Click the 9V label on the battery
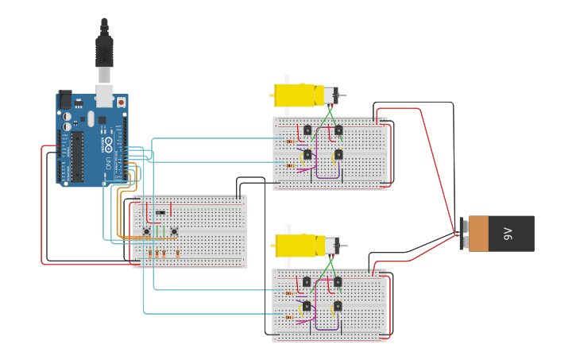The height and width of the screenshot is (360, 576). (508, 234)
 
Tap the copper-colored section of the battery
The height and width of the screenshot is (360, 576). (478, 234)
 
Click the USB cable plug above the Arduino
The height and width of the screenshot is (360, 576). (104, 52)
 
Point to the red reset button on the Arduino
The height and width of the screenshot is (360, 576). (121, 103)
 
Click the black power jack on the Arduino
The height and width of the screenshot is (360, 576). (64, 100)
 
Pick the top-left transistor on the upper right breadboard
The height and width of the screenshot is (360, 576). (307, 130)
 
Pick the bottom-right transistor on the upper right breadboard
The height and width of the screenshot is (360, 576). (338, 154)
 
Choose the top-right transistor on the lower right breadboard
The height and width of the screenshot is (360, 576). (338, 282)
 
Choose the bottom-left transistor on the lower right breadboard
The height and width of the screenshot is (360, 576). (307, 306)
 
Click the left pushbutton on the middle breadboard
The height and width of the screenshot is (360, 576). (146, 231)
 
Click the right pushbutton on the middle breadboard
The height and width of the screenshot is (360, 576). (174, 231)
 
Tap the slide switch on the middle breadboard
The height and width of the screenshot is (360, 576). (161, 212)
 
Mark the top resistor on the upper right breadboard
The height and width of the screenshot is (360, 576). (289, 141)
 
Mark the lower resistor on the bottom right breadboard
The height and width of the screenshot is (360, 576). (289, 317)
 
